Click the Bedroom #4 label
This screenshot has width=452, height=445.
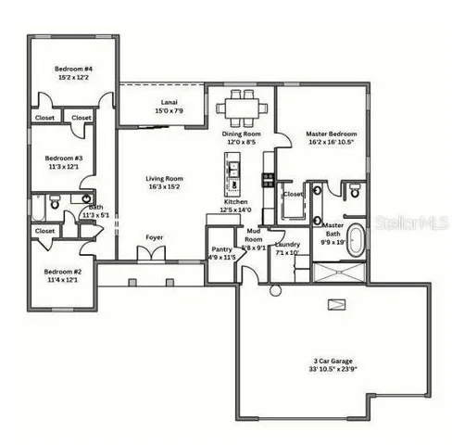coord(70,69)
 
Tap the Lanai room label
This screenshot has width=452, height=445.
coord(169,101)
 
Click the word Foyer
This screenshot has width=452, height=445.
coord(155,237)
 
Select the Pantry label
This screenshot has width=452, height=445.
coord(221,249)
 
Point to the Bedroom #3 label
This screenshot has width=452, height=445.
coord(65,159)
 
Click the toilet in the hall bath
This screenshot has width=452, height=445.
coord(55,202)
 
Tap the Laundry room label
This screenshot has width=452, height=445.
coord(286,244)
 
